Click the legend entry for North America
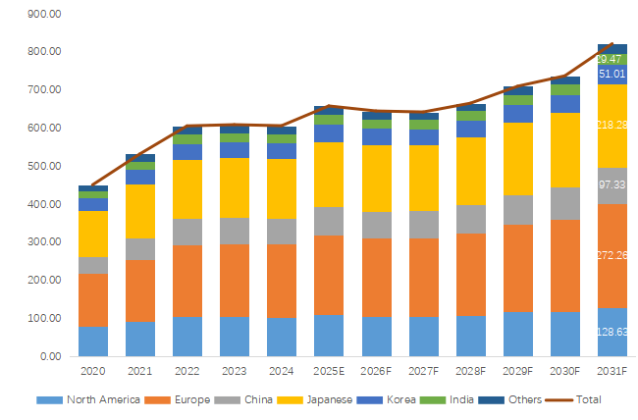(80, 399)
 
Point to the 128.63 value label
(612, 333)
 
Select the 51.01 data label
(612, 75)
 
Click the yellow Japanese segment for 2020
(93, 234)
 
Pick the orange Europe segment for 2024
(282, 281)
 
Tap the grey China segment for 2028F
(471, 219)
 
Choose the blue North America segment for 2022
(187, 337)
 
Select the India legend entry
(464, 399)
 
